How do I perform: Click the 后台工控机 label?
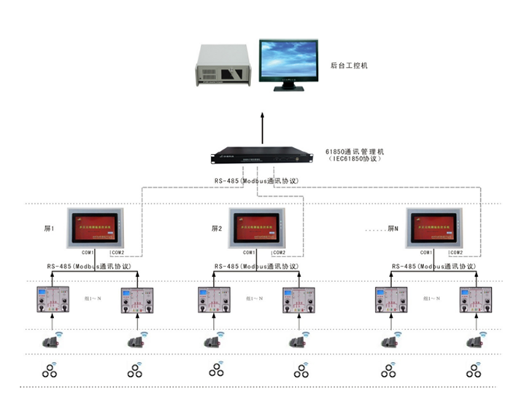point(349,66)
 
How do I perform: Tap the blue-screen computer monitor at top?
point(290,64)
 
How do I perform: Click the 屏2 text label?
point(216,228)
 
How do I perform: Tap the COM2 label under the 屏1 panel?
point(118,252)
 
